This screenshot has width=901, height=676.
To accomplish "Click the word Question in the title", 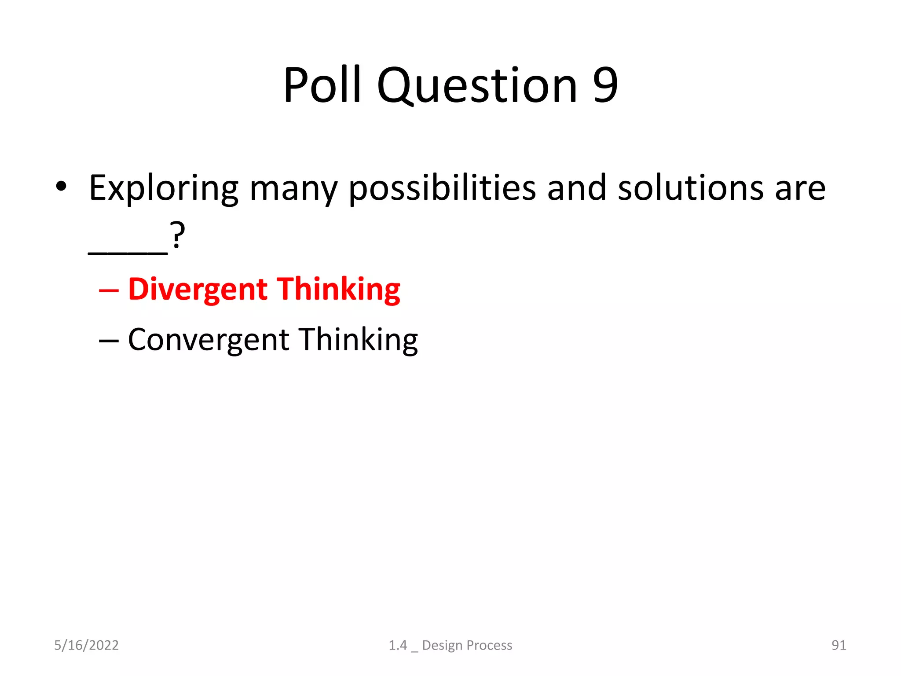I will tap(477, 86).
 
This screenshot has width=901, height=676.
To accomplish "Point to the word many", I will tap(293, 189).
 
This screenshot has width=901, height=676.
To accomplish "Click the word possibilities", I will tap(442, 189).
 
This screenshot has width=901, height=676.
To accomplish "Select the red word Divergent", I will tap(198, 290).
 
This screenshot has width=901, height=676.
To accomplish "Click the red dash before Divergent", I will tap(109, 291).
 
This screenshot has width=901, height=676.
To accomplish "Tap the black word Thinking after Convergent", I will tap(359, 340).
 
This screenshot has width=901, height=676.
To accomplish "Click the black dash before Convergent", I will tap(109, 341).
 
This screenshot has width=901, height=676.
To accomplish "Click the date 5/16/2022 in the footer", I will tap(86, 645).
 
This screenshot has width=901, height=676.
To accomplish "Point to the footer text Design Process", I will tap(467, 645).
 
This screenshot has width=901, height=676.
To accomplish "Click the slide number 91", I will tap(839, 645).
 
